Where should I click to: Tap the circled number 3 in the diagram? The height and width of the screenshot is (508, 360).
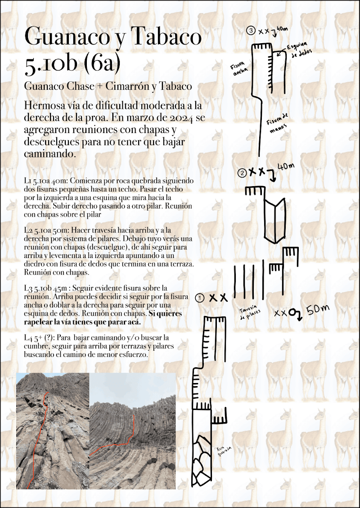(x=251, y=31)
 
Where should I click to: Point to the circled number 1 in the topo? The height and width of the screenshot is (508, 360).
(x=200, y=298)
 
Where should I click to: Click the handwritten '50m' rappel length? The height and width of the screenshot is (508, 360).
(x=317, y=310)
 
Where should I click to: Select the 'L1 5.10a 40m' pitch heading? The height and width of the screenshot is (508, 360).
(x=45, y=180)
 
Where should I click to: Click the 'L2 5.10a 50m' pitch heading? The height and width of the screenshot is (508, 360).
(x=45, y=231)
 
